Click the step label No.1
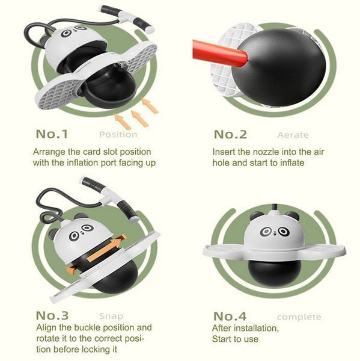click(52, 134)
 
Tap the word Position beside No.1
click(118, 134)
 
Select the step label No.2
click(230, 134)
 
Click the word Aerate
click(293, 135)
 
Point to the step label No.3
click(52, 315)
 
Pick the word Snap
click(111, 316)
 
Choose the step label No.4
click(230, 316)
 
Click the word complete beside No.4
click(299, 317)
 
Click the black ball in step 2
click(279, 67)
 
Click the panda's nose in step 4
click(275, 233)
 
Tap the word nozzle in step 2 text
click(266, 152)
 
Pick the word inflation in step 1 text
click(82, 163)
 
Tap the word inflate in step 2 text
click(292, 163)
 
